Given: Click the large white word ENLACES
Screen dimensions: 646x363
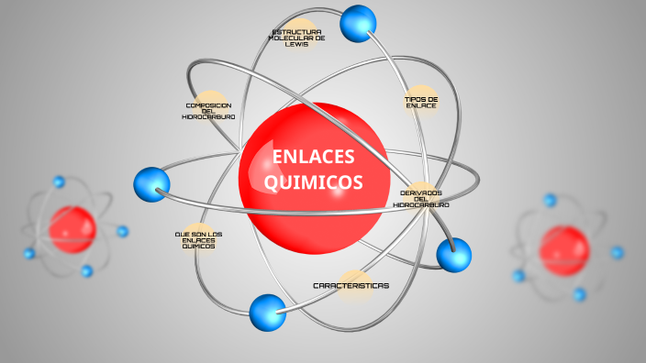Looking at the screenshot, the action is (313, 158).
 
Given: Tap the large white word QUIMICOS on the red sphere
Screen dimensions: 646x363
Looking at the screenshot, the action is (313, 182).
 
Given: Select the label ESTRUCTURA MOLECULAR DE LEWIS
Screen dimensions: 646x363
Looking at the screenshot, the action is (295, 38).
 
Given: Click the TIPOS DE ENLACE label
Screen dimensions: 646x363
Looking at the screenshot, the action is (421, 102).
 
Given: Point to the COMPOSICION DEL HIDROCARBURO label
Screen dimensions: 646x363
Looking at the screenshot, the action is (208, 111).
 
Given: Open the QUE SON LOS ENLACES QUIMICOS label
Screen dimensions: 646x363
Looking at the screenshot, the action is (198, 239).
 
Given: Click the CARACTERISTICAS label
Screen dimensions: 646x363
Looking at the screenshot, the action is (351, 285).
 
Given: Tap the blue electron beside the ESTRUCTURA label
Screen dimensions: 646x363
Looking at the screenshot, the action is (358, 23).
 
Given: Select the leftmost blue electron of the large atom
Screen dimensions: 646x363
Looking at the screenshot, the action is (151, 184).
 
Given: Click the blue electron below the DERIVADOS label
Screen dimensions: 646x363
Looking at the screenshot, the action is (453, 254).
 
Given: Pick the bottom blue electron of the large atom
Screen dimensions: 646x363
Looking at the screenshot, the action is (268, 312).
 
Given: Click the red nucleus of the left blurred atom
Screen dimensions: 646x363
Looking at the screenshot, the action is (72, 228).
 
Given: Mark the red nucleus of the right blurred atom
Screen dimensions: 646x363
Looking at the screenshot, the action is (563, 248).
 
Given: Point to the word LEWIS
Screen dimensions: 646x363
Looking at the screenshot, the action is (295, 44).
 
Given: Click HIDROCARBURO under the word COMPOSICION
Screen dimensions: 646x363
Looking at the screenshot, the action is (208, 117).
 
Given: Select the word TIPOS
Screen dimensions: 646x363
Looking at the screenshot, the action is (416, 98).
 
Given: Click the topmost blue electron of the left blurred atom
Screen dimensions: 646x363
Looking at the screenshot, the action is (60, 181).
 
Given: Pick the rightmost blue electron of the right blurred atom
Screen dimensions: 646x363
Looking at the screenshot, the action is (617, 252).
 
